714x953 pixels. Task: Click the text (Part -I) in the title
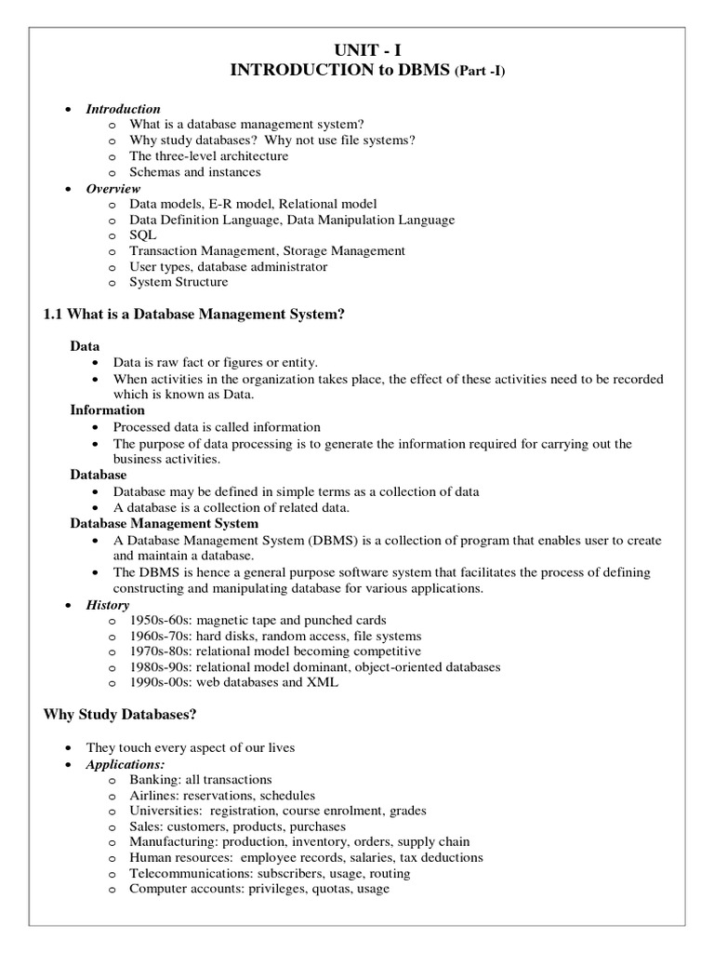pos(479,74)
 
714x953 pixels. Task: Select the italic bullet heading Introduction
pos(123,109)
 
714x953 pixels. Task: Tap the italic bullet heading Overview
pos(113,188)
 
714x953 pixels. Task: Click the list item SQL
pos(143,235)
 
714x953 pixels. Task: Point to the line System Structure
pos(178,282)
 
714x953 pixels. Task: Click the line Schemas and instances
pos(195,172)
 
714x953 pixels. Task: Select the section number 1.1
pos(55,315)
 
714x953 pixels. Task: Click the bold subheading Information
pos(108,409)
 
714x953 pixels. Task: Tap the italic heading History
pos(108,605)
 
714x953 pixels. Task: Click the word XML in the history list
pos(324,683)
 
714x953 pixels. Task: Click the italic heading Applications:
pos(125,764)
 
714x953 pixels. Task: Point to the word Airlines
pos(152,796)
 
